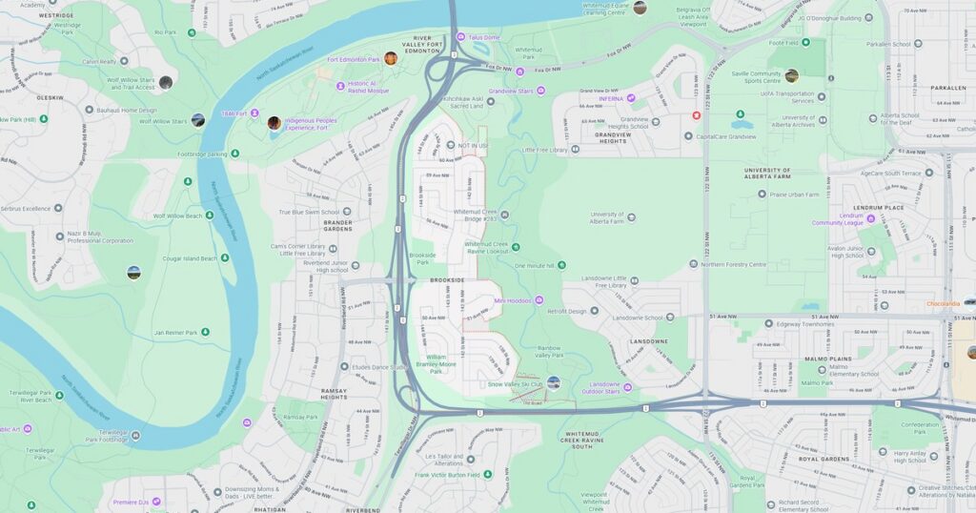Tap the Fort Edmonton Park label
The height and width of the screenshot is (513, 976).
coord(354,59)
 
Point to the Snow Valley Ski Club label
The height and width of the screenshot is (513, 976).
coord(515,384)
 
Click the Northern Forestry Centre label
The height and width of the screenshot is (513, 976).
coord(733,264)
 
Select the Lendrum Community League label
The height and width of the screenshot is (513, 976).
coord(838,219)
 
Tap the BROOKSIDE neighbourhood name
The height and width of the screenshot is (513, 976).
coord(447,279)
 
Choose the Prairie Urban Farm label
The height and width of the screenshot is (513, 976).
coord(794,195)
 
